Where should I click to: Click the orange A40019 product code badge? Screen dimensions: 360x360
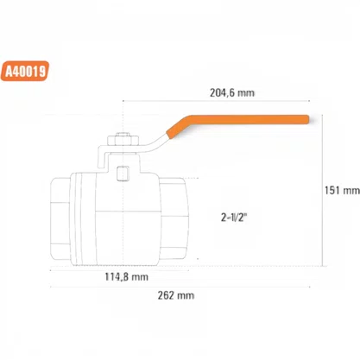[25, 71]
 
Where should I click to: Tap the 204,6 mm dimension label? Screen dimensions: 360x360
[232, 93]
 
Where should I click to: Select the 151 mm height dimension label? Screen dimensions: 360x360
[342, 190]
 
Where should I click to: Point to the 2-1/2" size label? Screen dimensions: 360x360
[234, 218]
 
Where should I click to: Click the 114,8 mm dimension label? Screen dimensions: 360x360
[126, 277]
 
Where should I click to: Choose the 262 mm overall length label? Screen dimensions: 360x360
[176, 295]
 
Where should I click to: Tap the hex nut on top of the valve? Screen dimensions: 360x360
[123, 140]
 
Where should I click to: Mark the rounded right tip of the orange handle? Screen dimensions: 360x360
[307, 119]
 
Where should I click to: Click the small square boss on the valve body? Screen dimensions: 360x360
[123, 174]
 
